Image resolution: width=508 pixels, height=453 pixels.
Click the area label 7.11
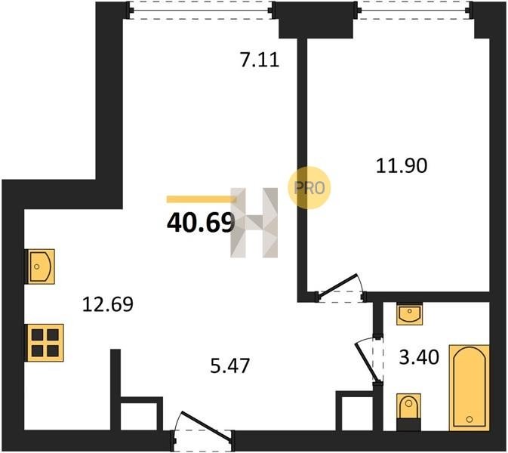pyautogui.click(x=260, y=60)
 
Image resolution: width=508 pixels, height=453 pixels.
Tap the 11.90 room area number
pyautogui.click(x=402, y=165)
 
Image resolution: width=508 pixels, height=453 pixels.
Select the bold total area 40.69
pyautogui.click(x=201, y=223)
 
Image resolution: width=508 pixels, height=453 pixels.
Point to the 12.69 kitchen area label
pyautogui.click(x=107, y=304)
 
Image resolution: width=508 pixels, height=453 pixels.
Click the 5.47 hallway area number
pyautogui.click(x=229, y=365)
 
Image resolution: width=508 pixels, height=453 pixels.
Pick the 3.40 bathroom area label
pyautogui.click(x=419, y=357)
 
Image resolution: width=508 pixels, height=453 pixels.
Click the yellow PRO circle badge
pyautogui.click(x=309, y=187)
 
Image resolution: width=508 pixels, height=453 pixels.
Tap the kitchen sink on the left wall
pyautogui.click(x=41, y=267)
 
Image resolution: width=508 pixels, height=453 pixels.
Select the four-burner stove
pyautogui.click(x=45, y=343)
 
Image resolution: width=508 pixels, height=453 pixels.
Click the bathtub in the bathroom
pyautogui.click(x=469, y=388)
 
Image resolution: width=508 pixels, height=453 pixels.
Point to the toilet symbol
pyautogui.click(x=408, y=412)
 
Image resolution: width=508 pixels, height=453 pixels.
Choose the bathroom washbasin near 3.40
pyautogui.click(x=410, y=313)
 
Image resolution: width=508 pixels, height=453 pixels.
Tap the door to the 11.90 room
pyautogui.click(x=340, y=288)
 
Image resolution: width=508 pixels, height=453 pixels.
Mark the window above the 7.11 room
pyautogui.click(x=202, y=11)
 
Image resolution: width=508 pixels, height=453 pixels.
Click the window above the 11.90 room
pyautogui.click(x=414, y=11)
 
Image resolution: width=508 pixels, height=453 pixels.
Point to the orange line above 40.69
pyautogui.click(x=202, y=199)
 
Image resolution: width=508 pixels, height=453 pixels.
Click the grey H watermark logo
pyautogui.click(x=254, y=223)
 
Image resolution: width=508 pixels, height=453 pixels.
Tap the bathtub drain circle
pyautogui.click(x=469, y=420)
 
